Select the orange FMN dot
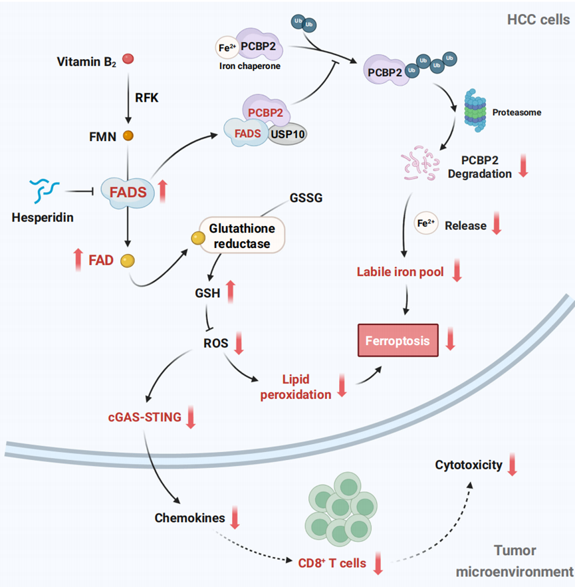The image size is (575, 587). point(128,136)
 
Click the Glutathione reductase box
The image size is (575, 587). point(240,235)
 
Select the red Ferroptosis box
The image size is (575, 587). point(398,341)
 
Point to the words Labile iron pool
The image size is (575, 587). point(400,272)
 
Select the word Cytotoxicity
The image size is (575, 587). point(469,465)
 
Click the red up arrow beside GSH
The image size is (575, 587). point(231,289)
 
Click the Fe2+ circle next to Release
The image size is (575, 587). point(425,223)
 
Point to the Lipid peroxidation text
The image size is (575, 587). point(296,386)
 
